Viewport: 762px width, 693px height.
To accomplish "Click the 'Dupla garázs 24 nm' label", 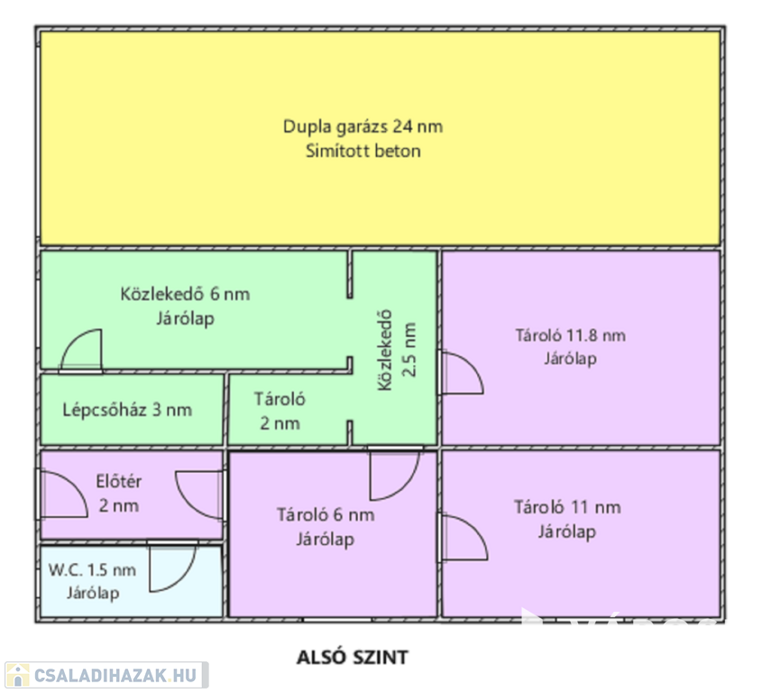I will coord(363,126).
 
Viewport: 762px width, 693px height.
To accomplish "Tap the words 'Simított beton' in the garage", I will coord(363,151).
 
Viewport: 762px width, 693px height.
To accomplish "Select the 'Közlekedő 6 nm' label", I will coord(185,294).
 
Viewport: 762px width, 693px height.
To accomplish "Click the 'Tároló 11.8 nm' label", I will coord(570,336).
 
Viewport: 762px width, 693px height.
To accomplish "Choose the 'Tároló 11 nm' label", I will coord(567,507).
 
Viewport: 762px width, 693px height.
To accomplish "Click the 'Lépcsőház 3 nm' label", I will coord(127,410).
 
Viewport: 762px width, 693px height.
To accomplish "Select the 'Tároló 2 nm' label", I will coord(280,411).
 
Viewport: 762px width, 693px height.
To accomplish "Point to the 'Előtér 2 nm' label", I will coord(119,494).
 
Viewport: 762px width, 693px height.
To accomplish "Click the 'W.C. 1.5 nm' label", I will coord(93,569).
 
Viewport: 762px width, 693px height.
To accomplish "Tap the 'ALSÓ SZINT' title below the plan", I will coord(352,657).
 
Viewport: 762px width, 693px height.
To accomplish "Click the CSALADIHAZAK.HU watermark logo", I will coord(106,675).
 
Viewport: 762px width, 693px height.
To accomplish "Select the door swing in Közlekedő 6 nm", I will coord(82,350).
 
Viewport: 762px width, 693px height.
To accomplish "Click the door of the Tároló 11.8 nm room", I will coord(462,373).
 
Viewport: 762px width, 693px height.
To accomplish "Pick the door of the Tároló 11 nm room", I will coord(464,537).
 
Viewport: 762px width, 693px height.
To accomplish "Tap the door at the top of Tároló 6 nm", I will coord(394,475).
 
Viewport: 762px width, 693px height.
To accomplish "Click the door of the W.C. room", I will coord(171,567).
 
